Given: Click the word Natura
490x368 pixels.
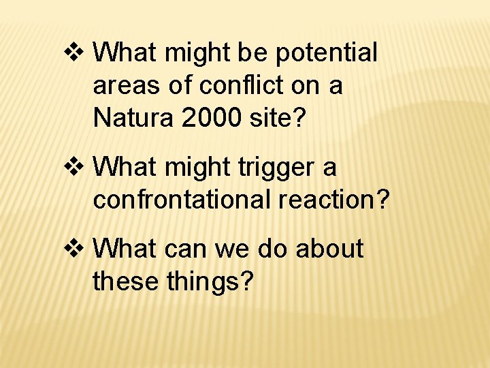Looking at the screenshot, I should (x=134, y=118).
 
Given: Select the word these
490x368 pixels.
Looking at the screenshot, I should (x=127, y=280).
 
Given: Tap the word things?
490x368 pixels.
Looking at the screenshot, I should (x=210, y=281).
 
